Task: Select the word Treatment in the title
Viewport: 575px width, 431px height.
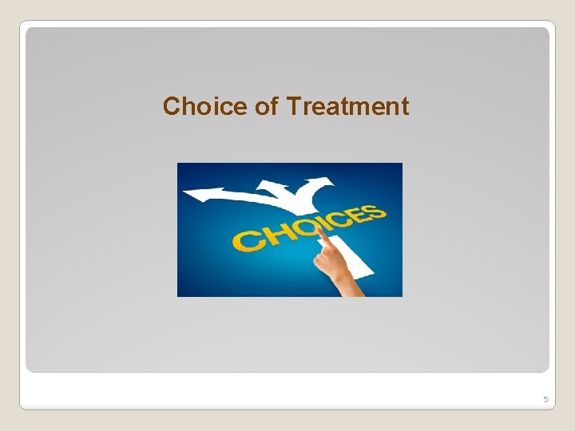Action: coord(347,106)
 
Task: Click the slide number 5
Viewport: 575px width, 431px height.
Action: coord(545,399)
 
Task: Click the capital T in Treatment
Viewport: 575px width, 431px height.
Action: coord(292,106)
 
